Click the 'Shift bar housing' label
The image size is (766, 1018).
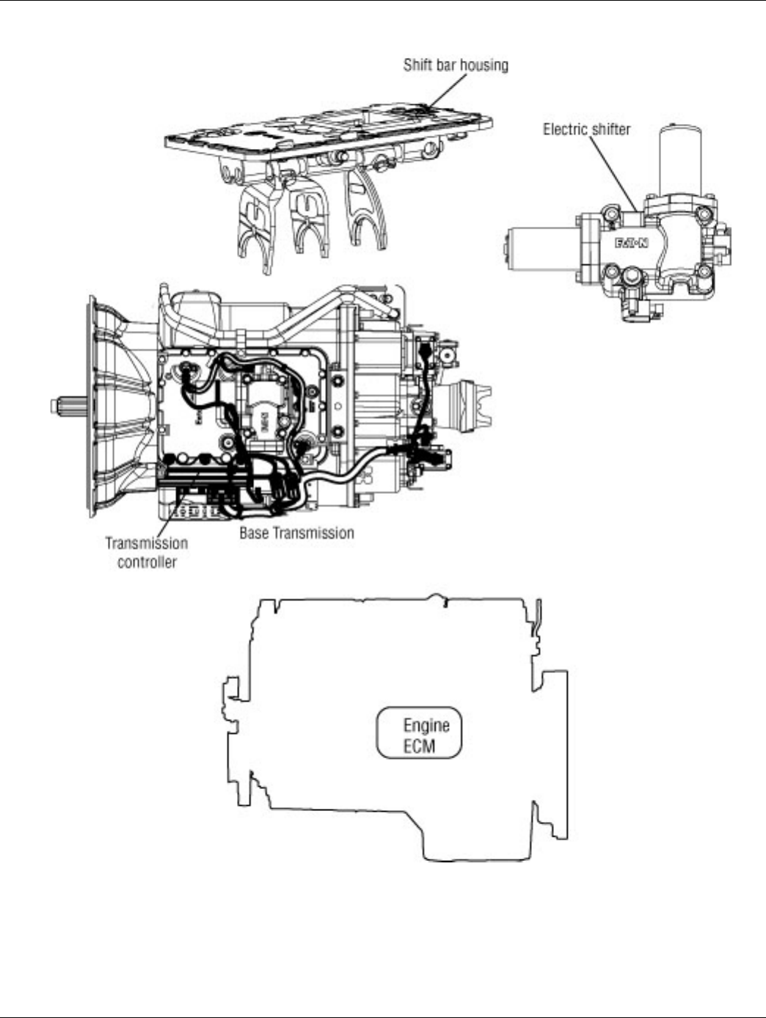click(455, 65)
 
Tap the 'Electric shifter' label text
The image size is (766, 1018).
click(586, 129)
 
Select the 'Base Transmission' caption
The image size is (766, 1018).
click(296, 533)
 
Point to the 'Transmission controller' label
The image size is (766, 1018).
click(147, 553)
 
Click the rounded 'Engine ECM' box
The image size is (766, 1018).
click(420, 732)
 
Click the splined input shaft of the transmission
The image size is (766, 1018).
click(70, 404)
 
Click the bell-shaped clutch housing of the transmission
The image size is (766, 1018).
click(117, 404)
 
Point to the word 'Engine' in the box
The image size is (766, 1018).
click(426, 725)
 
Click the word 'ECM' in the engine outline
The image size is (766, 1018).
click(419, 746)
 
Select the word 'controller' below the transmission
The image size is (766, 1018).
click(147, 562)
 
